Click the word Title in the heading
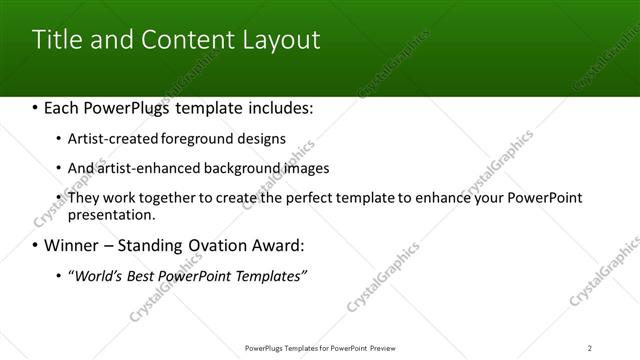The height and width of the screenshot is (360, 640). [x=56, y=40]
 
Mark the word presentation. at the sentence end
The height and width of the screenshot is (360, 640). [x=112, y=214]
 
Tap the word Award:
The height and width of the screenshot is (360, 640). [x=276, y=245]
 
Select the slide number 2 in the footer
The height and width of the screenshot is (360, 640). [x=590, y=347]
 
